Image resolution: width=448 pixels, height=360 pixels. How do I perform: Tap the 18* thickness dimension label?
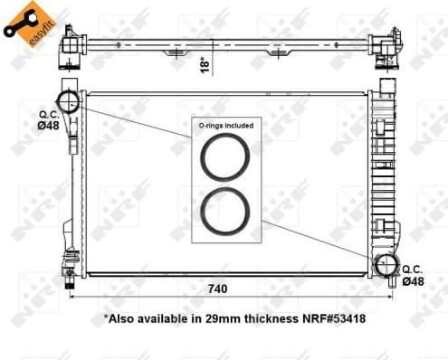206,63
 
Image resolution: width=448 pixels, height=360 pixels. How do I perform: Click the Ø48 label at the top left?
49,126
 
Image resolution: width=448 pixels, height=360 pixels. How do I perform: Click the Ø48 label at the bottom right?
413,282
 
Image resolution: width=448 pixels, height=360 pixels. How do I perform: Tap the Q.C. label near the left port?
48,114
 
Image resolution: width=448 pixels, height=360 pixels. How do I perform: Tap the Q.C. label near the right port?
413,270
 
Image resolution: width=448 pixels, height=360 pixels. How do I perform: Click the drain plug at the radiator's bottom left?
69,271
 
